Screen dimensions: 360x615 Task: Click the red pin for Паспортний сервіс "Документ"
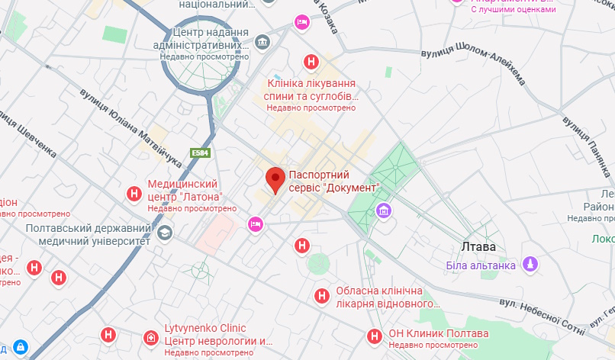tap(275, 180)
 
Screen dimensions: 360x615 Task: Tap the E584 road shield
tap(201, 153)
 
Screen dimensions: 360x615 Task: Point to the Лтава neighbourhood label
tap(478, 247)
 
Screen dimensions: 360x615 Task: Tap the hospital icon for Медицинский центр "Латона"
tap(134, 194)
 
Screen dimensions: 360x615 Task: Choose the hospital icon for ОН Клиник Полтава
tap(375, 336)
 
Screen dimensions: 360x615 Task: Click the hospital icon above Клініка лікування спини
tap(311, 62)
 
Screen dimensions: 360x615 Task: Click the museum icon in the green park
tap(382, 211)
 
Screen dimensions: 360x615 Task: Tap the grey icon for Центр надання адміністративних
tap(262, 40)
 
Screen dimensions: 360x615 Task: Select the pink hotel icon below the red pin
tap(256, 223)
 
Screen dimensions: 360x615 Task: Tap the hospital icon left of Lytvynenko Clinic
tap(109, 334)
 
